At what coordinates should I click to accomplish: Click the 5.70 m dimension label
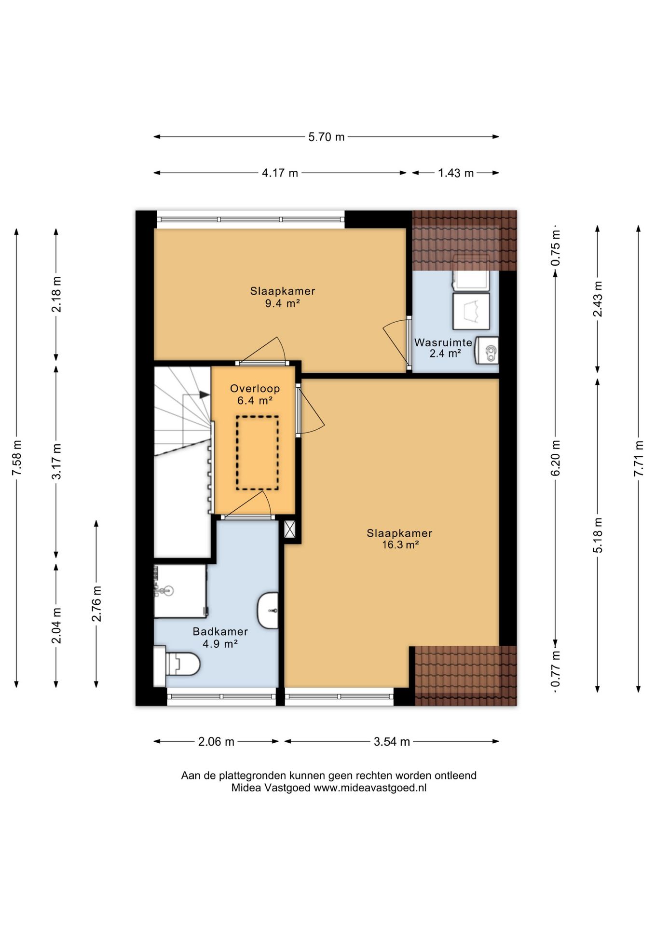click(327, 137)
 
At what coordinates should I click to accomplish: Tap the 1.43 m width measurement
click(456, 173)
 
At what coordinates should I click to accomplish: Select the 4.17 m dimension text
click(280, 173)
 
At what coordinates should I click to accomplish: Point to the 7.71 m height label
click(639, 458)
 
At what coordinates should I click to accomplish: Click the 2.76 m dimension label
click(97, 603)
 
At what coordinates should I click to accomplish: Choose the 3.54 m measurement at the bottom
click(392, 742)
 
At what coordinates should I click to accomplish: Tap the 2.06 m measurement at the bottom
click(216, 742)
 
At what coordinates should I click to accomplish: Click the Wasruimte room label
click(443, 342)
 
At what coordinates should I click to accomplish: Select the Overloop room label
click(255, 388)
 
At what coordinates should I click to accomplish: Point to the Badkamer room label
click(220, 631)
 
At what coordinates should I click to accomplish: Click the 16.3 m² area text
click(400, 545)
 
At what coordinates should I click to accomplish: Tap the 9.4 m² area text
click(283, 303)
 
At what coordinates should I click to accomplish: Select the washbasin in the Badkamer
click(268, 611)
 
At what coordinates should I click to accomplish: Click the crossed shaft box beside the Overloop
click(290, 530)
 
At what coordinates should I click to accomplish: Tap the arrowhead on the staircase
click(205, 395)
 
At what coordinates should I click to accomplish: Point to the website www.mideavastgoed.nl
click(370, 788)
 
